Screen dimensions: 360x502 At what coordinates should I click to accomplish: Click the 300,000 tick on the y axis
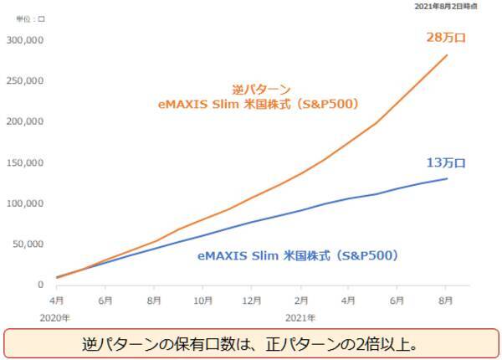(x=26, y=39)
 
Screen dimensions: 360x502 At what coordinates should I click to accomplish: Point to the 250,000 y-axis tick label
(x=26, y=80)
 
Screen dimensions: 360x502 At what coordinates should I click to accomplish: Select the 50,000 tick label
(x=28, y=244)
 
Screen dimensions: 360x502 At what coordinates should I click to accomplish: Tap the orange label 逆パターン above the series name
(x=262, y=90)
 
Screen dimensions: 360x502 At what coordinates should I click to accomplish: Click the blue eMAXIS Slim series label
(x=297, y=255)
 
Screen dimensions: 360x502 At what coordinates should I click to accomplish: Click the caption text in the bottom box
(x=250, y=343)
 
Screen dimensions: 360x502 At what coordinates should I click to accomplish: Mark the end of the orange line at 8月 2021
(x=446, y=55)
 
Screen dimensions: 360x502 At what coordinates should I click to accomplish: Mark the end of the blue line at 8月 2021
(x=446, y=178)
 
